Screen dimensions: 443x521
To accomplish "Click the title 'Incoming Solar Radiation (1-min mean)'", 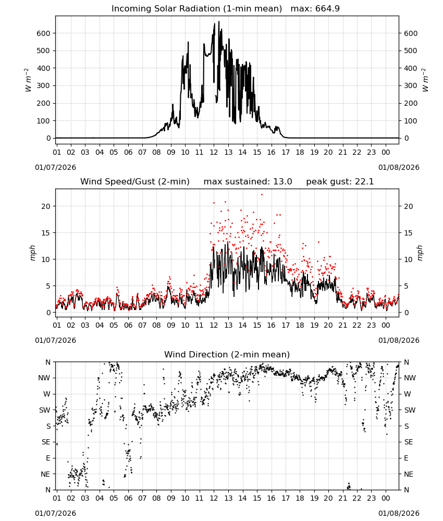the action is click(x=196, y=9).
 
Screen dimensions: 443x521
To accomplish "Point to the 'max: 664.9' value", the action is click(x=315, y=9).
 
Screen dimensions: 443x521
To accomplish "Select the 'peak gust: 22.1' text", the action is click(x=340, y=182).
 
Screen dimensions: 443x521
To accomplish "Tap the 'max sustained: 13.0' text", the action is click(x=248, y=182).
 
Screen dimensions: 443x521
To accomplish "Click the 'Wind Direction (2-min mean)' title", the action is click(x=227, y=354).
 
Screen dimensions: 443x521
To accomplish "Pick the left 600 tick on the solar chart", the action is click(x=44, y=33).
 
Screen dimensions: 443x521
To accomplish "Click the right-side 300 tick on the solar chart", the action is click(x=411, y=86).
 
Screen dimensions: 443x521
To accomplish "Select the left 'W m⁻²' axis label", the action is click(x=28, y=80).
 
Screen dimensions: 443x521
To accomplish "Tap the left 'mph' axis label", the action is click(x=32, y=253).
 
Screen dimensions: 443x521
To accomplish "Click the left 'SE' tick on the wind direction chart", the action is click(x=46, y=442).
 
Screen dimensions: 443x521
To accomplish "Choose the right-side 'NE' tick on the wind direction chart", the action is click(x=409, y=474).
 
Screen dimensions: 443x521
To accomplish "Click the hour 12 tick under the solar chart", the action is click(x=214, y=152).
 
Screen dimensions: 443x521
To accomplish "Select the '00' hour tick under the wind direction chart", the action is click(x=386, y=498).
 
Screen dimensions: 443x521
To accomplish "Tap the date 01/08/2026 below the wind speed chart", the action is click(x=399, y=340).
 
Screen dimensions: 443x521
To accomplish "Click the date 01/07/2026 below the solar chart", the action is click(x=55, y=167).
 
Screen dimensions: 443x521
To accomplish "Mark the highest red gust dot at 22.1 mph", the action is click(x=262, y=195).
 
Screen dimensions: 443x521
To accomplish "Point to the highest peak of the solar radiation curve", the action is click(x=219, y=21).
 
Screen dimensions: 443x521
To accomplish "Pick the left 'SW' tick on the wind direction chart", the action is click(x=45, y=410).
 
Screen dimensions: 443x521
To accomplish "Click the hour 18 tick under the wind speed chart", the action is click(x=300, y=325).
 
